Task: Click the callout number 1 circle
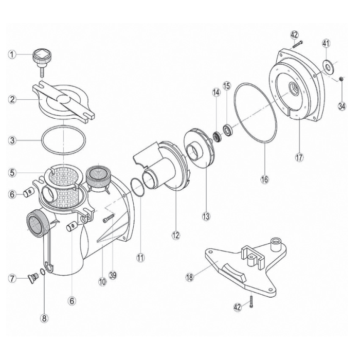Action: (12, 55)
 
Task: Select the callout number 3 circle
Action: (12, 140)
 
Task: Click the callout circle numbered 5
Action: (12, 172)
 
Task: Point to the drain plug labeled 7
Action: (33, 278)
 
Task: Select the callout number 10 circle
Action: (103, 281)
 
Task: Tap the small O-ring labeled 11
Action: (137, 187)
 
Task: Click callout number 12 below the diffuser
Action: (176, 236)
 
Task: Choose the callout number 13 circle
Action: (206, 216)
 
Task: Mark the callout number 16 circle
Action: (264, 179)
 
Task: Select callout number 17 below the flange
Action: (299, 157)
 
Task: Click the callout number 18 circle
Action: (190, 277)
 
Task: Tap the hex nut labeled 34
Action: (341, 79)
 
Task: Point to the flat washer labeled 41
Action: (328, 65)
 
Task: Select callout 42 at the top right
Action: (294, 35)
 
